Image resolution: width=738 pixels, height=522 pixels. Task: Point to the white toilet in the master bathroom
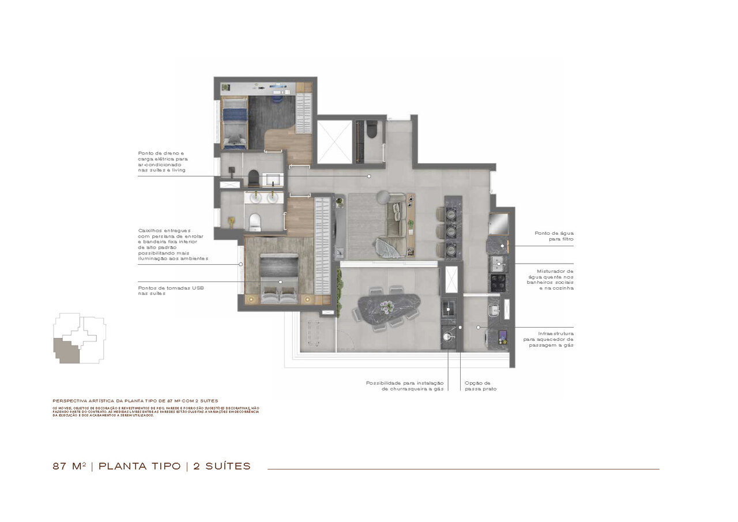[x=254, y=220]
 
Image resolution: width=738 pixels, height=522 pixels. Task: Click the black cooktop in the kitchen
[x=498, y=282]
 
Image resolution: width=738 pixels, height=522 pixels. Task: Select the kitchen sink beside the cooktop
[x=498, y=264]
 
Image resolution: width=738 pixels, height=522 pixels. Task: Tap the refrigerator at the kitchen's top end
[x=499, y=224]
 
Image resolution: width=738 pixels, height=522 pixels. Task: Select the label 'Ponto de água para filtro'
[x=554, y=235]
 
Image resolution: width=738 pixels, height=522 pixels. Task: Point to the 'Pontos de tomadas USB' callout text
[x=171, y=290]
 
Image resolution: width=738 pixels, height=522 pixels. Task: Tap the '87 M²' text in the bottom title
[x=69, y=466]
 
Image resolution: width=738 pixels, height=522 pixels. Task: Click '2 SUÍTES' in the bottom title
[x=222, y=466]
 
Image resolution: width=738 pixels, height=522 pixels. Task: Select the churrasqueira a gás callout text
[x=404, y=386]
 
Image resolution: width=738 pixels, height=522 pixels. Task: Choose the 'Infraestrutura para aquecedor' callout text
[x=548, y=339]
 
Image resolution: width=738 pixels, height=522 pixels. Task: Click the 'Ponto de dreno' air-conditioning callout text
[x=163, y=162]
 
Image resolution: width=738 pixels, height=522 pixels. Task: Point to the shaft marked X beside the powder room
[x=334, y=141]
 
